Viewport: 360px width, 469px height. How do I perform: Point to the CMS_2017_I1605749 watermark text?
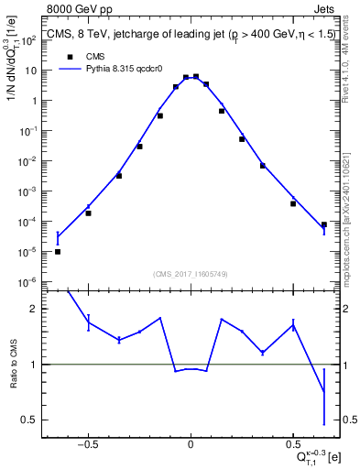tap(191, 274)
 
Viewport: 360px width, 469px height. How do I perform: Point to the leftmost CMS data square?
tap(58, 251)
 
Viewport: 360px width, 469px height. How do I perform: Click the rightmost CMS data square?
tap(324, 224)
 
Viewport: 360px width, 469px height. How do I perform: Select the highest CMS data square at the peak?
tap(196, 77)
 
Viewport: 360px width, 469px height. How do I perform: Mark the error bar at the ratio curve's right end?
tap(324, 392)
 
